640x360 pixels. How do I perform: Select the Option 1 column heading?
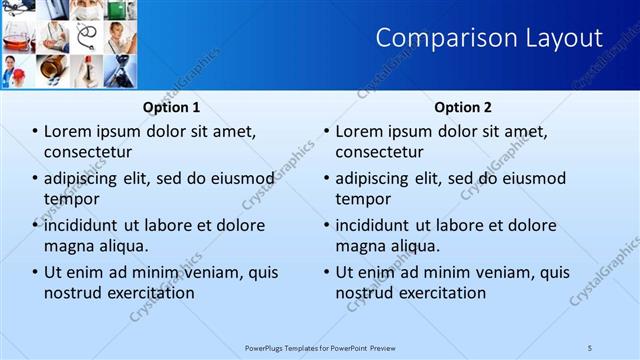click(171, 107)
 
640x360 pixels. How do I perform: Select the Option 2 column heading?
click(463, 107)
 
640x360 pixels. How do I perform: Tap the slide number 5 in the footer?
click(590, 347)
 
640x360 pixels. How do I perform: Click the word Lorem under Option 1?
click(68, 131)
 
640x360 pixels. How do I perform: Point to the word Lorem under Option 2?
click(359, 131)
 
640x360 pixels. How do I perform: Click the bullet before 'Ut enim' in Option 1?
click(35, 272)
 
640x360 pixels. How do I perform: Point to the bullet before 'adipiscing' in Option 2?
click(326, 178)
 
